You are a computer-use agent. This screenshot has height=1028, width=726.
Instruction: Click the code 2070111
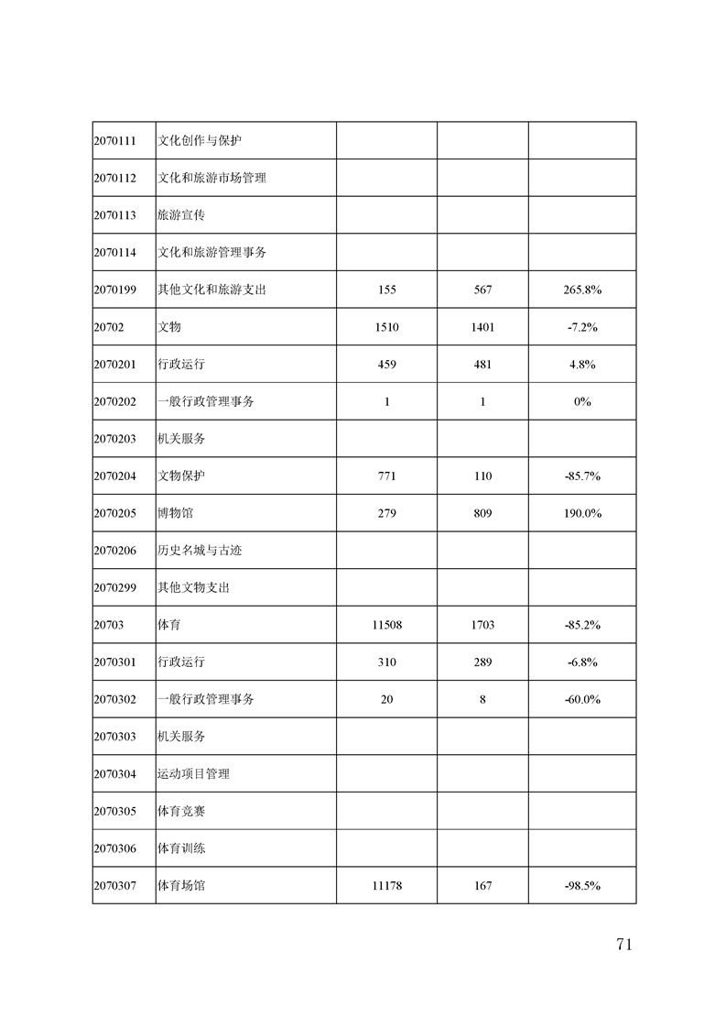[114, 141]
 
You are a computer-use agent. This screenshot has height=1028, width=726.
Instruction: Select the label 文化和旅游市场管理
[211, 178]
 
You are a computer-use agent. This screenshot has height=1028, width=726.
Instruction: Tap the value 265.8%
[582, 290]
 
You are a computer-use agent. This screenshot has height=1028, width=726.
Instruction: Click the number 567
[482, 290]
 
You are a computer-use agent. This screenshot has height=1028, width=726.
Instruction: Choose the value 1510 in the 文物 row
[386, 327]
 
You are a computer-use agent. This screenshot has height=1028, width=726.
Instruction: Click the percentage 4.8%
[582, 364]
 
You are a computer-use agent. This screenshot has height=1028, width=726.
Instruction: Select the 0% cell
[582, 401]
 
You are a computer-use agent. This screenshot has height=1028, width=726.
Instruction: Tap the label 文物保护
[181, 476]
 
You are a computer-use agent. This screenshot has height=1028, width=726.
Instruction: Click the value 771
[386, 476]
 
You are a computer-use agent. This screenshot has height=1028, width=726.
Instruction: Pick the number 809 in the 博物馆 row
[482, 513]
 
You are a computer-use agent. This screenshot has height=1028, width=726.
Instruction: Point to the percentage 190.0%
[582, 513]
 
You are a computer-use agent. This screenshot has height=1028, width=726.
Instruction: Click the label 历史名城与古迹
[200, 551]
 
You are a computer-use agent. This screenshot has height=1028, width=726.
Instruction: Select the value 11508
[386, 625]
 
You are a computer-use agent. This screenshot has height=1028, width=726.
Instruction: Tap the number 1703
[482, 625]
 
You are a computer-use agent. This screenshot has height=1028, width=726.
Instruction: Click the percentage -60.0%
[582, 699]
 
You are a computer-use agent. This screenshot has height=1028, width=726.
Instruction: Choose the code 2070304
[114, 774]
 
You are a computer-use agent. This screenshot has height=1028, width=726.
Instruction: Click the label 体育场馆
[181, 886]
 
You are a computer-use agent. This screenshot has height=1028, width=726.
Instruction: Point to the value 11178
[386, 886]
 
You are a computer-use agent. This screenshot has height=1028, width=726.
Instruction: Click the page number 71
[623, 946]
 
